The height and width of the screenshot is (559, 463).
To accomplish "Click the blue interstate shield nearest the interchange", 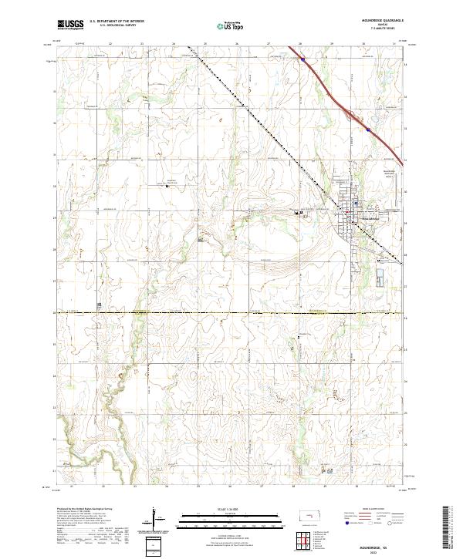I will click(369, 130).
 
